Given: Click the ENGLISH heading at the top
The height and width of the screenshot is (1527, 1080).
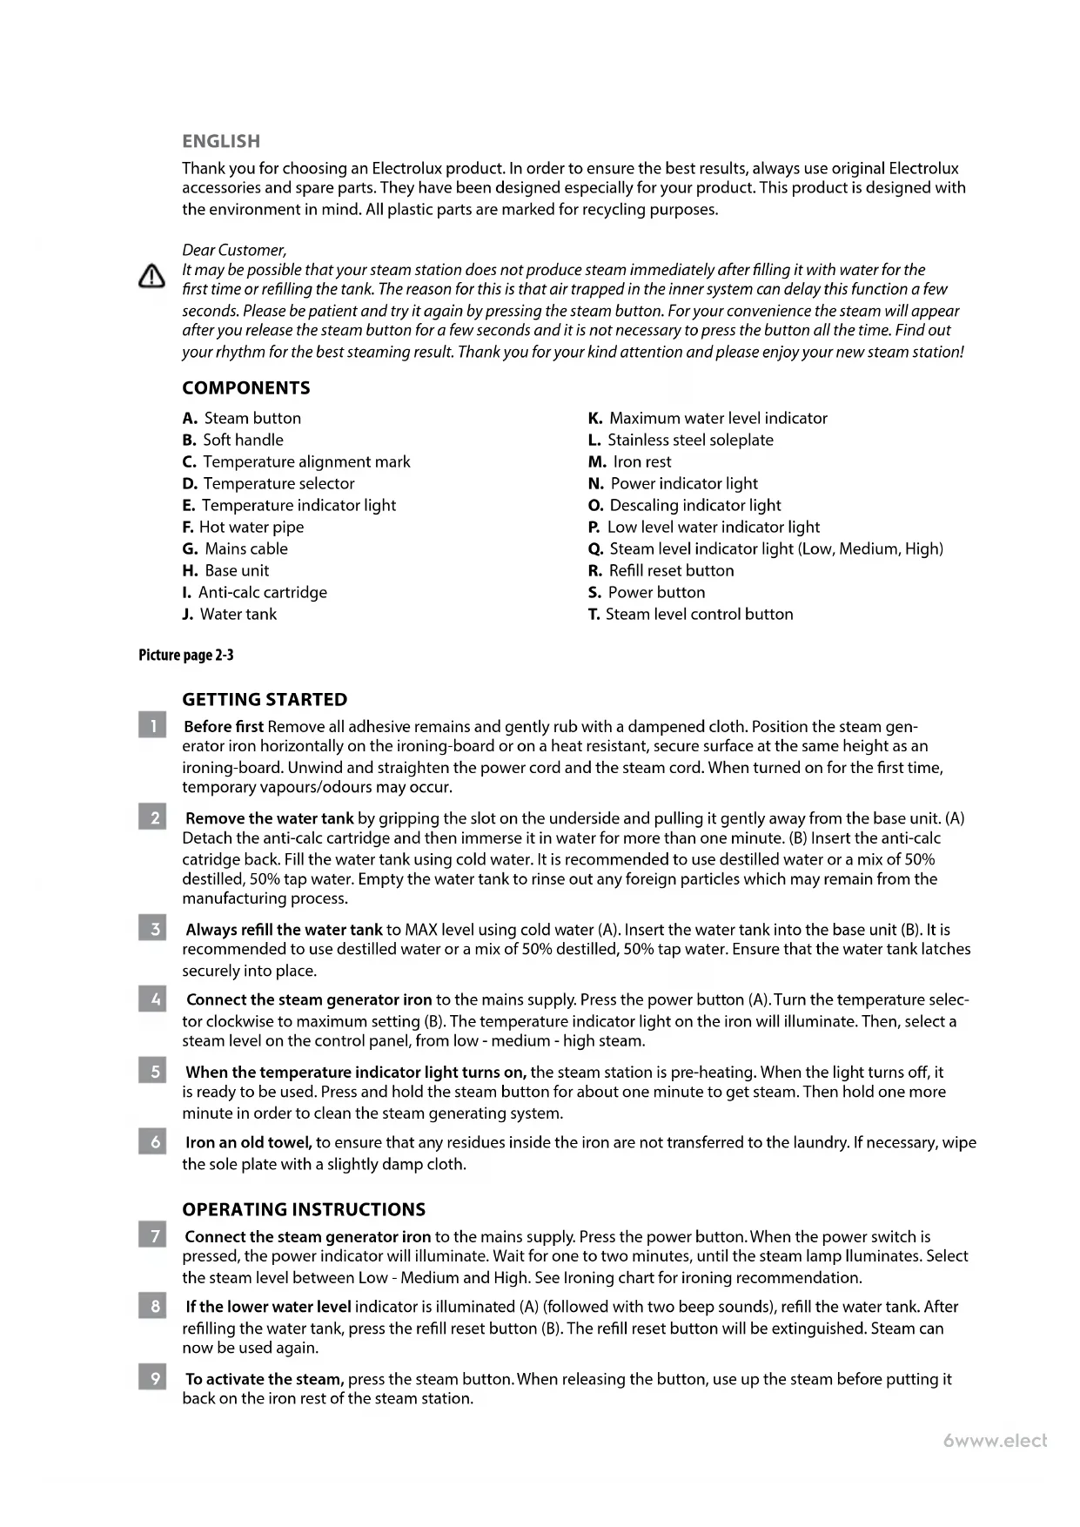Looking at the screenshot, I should [x=221, y=141].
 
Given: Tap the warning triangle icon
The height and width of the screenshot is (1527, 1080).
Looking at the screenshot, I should [x=151, y=277].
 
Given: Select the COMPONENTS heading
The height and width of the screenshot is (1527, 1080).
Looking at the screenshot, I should [x=246, y=388].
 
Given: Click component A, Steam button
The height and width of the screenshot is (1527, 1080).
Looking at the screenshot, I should [x=242, y=418].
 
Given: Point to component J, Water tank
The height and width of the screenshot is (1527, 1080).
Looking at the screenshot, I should [x=230, y=614].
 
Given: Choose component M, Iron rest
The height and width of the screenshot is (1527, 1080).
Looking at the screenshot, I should [x=629, y=461].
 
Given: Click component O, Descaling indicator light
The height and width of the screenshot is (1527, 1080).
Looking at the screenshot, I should [x=684, y=505].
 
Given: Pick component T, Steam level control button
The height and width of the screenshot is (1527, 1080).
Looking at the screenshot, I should [x=690, y=614].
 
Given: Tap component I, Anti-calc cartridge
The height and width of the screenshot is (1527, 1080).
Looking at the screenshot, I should [x=254, y=592].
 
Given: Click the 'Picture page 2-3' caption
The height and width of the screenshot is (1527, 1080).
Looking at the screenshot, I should [x=186, y=655].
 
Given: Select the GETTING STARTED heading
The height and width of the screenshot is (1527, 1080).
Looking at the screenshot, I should [x=265, y=699].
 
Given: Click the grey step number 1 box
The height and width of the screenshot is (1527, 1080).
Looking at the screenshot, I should [x=152, y=724].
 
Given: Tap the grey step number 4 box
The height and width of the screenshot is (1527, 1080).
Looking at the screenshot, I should [x=152, y=999].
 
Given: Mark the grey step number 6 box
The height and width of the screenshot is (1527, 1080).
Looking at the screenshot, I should [x=152, y=1141].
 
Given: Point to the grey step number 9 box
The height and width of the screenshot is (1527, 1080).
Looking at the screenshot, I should [x=152, y=1378].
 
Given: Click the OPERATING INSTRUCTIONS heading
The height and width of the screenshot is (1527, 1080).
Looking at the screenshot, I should [x=304, y=1209].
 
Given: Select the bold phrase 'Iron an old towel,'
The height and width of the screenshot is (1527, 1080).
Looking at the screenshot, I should [x=249, y=1142].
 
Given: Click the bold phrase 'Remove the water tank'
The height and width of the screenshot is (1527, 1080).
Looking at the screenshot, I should [x=270, y=818].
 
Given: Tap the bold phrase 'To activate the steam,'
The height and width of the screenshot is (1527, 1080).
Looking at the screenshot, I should [x=265, y=1379].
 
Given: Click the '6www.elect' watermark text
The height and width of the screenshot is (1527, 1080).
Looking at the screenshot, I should [x=995, y=1441].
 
